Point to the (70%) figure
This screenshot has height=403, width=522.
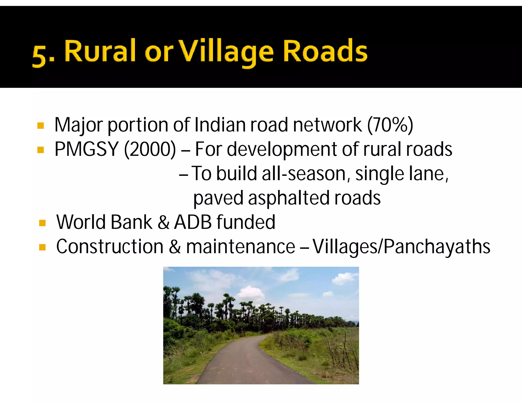tap(390, 125)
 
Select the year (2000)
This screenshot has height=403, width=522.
tap(150, 149)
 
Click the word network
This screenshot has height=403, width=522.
tap(327, 125)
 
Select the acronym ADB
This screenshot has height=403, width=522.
tap(193, 222)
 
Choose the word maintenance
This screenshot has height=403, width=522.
tap(241, 247)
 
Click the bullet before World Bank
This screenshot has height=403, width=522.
tap(42, 223)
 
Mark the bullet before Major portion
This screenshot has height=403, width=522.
tap(41, 126)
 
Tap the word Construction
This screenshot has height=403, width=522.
tap(110, 247)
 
